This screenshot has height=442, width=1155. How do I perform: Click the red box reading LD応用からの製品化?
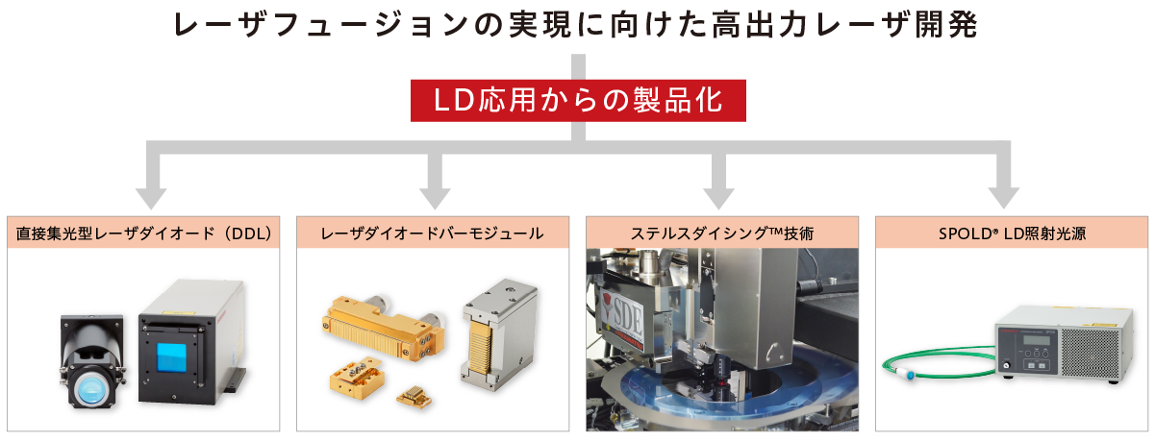click(x=577, y=101)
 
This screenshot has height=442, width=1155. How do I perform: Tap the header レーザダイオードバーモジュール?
click(x=433, y=233)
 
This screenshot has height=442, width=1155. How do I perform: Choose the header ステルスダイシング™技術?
click(x=722, y=233)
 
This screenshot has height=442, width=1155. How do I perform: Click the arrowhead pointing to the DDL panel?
click(x=146, y=196)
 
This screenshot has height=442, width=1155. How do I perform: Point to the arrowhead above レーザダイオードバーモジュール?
click(x=433, y=196)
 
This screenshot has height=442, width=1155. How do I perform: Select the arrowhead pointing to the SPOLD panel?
click(x=1006, y=196)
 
